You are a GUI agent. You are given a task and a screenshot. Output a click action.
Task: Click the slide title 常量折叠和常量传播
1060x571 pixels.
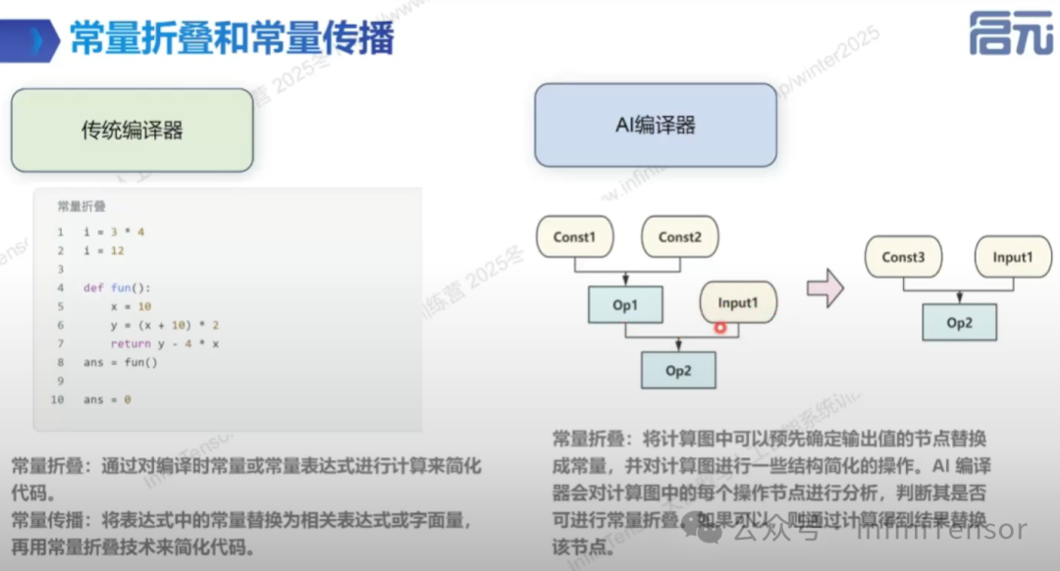tap(232, 39)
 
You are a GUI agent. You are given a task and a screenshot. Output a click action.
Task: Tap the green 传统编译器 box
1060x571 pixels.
tap(132, 130)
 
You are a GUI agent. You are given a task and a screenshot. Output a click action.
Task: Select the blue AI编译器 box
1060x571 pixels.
tap(656, 125)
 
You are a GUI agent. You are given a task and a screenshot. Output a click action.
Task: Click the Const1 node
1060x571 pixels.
tap(574, 237)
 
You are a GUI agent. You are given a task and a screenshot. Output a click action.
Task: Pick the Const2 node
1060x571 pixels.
tap(680, 237)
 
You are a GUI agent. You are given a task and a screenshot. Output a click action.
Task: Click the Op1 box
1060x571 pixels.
tap(625, 305)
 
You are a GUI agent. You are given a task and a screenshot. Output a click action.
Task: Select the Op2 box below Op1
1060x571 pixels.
tap(678, 371)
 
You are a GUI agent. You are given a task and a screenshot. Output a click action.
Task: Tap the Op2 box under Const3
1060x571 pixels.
tap(959, 322)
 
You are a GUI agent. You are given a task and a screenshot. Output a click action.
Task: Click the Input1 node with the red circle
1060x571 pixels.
tap(738, 303)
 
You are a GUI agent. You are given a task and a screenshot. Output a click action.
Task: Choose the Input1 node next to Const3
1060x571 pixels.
tap(1013, 257)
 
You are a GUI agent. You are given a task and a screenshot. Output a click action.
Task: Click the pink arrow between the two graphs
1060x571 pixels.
tap(824, 288)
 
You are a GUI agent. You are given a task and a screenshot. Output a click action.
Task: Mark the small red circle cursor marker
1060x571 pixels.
tap(720, 327)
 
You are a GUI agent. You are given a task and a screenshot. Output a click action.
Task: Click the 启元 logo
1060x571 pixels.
tap(1011, 34)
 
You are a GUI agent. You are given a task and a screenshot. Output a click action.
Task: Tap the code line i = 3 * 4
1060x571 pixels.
tap(114, 232)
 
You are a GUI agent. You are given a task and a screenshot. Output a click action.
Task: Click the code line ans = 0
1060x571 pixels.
tap(107, 400)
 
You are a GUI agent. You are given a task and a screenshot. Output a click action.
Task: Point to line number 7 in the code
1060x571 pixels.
tap(60, 344)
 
